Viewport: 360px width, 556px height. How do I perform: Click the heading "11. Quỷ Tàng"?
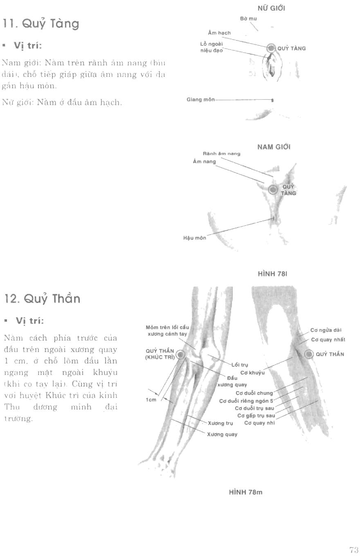(41, 24)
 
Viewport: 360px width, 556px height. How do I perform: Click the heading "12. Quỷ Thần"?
(42, 299)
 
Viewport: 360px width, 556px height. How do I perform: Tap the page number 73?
(354, 549)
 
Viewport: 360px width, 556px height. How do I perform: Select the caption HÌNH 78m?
(245, 492)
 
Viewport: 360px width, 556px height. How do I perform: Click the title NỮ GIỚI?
(272, 8)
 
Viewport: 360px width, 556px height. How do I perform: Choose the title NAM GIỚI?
(274, 147)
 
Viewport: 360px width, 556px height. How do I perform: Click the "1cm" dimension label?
(151, 400)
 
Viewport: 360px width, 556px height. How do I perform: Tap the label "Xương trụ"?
(220, 423)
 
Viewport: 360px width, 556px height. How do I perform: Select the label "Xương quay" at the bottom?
(222, 434)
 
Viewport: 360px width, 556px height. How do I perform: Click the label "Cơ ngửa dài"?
(326, 330)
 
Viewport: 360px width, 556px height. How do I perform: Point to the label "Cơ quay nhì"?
(259, 423)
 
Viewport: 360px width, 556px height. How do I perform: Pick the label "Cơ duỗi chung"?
(257, 393)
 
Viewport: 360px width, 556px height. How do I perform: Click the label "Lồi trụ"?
(240, 365)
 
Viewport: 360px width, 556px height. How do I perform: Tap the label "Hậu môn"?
(195, 238)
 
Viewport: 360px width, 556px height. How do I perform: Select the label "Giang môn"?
(200, 99)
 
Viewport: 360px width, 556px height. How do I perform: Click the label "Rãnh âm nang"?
(222, 154)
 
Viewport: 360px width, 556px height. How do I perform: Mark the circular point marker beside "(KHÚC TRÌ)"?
(180, 354)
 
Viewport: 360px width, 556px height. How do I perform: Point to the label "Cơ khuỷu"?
(252, 372)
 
